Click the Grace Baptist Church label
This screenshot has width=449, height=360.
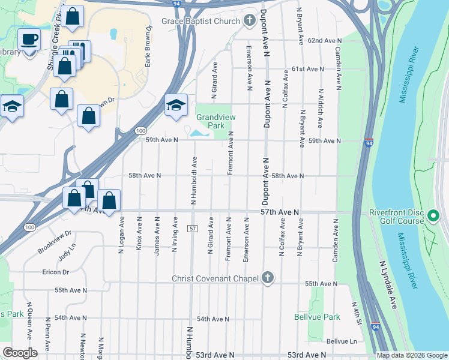tap(200, 21)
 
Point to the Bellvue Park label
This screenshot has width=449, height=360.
tap(317, 317)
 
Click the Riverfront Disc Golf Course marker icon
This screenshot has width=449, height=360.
tap(433, 216)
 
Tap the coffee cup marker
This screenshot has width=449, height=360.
tap(29, 40)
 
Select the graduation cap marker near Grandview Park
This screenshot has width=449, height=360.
tap(176, 105)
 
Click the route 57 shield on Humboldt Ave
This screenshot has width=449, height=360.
tap(192, 229)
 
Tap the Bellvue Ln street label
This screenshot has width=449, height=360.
tap(342, 341)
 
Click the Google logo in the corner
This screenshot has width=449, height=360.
tap(20, 353)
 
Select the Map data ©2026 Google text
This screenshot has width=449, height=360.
tap(411, 355)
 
